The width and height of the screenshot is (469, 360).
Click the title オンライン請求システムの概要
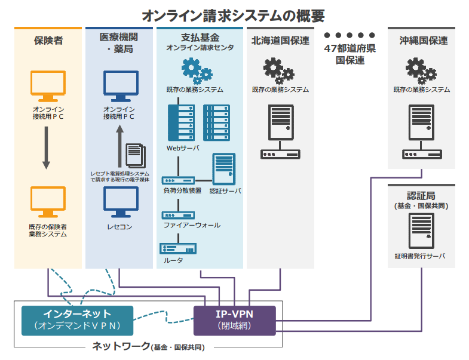(x=234, y=14)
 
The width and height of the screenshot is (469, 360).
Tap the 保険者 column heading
(x=48, y=41)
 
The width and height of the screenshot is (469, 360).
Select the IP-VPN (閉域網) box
(x=235, y=320)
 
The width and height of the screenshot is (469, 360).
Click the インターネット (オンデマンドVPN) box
(x=77, y=320)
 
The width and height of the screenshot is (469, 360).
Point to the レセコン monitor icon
(x=120, y=202)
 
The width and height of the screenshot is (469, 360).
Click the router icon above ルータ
(x=178, y=248)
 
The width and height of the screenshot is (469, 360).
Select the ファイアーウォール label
(x=192, y=225)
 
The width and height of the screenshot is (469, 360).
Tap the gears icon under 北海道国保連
(x=280, y=70)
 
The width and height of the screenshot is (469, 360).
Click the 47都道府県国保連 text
(x=350, y=54)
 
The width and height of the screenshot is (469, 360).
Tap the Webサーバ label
(x=183, y=147)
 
